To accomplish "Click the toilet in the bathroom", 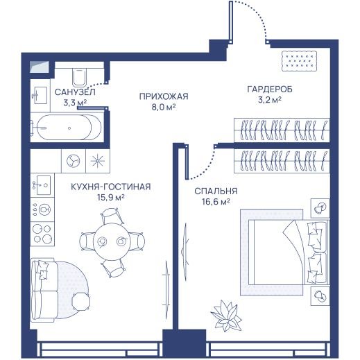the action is (79, 76).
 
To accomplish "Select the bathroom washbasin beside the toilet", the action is (40, 95).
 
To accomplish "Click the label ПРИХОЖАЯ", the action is (164, 96).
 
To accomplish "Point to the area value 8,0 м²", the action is (164, 108).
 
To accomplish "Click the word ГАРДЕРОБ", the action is (270, 89).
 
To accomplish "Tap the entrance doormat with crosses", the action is (299, 61).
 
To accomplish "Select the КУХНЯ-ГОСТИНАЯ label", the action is (111, 187).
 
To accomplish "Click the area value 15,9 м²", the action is (111, 198).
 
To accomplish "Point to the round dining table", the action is (112, 241).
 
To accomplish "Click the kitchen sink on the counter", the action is (43, 185).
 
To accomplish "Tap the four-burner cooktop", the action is (42, 234).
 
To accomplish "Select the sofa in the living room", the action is (44, 290).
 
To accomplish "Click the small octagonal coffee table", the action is (80, 302).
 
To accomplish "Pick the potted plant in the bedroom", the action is (226, 316).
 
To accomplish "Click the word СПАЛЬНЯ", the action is (216, 191).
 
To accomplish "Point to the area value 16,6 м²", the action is (216, 202).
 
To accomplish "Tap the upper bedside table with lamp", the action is (320, 208).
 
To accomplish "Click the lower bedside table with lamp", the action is (320, 296).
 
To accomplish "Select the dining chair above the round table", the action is (112, 216).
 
